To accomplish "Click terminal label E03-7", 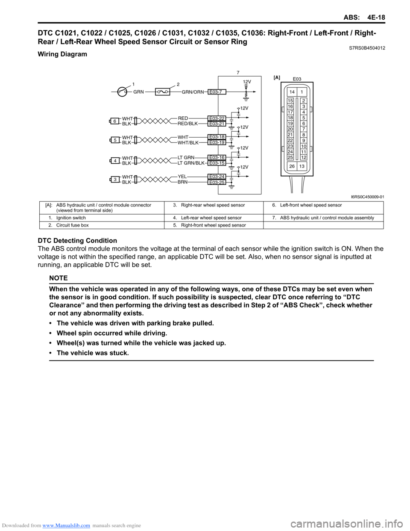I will click(217, 92).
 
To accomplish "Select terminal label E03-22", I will click(217, 118).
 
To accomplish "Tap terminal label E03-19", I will click(217, 143).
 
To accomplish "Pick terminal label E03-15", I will click(217, 163).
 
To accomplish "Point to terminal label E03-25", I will click(217, 183).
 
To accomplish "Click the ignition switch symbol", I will click(122, 91).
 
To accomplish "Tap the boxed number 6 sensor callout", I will click(114, 121).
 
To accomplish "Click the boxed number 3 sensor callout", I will click(114, 180).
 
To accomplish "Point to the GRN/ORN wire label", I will click(193, 92).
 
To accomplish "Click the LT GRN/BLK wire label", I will click(191, 163).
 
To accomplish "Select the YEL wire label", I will click(182, 177).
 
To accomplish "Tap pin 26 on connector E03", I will click(292, 166).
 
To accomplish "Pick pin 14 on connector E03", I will click(292, 92).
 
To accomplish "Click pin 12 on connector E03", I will click(304, 157).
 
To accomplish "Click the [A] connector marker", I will click(277, 77).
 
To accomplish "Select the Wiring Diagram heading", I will click(62, 54).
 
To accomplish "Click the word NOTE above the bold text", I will click(59, 278).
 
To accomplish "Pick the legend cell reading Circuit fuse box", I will click(73, 225).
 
